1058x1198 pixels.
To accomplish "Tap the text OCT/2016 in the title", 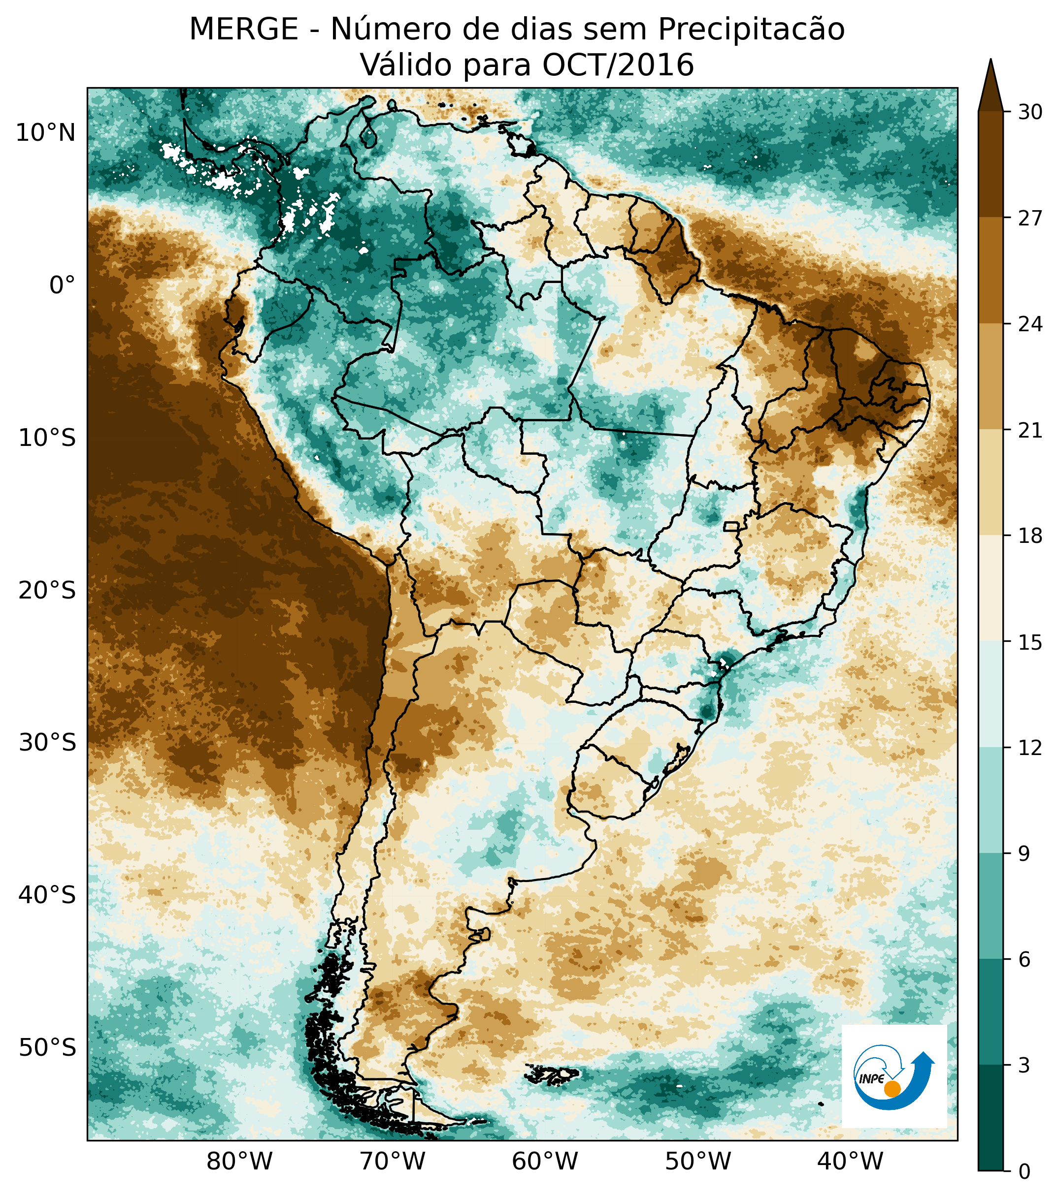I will pos(618,65).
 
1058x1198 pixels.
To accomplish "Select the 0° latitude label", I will pos(62,286).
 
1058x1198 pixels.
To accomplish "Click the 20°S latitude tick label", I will pos(47,591).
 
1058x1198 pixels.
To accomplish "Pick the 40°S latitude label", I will pos(47,896).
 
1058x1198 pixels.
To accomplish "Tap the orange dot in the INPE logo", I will pos(892,1089).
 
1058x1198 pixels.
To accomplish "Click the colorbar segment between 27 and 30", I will pos(991,164).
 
